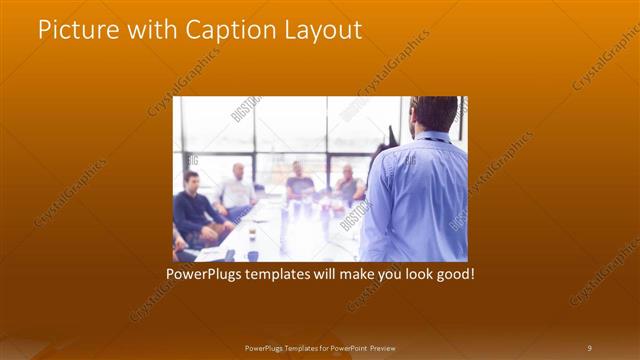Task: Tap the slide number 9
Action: pyautogui.click(x=589, y=347)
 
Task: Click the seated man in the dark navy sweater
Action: pyautogui.click(x=192, y=208)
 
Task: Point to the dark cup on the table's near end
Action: pyautogui.click(x=253, y=255)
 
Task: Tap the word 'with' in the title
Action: pyautogui.click(x=146, y=31)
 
